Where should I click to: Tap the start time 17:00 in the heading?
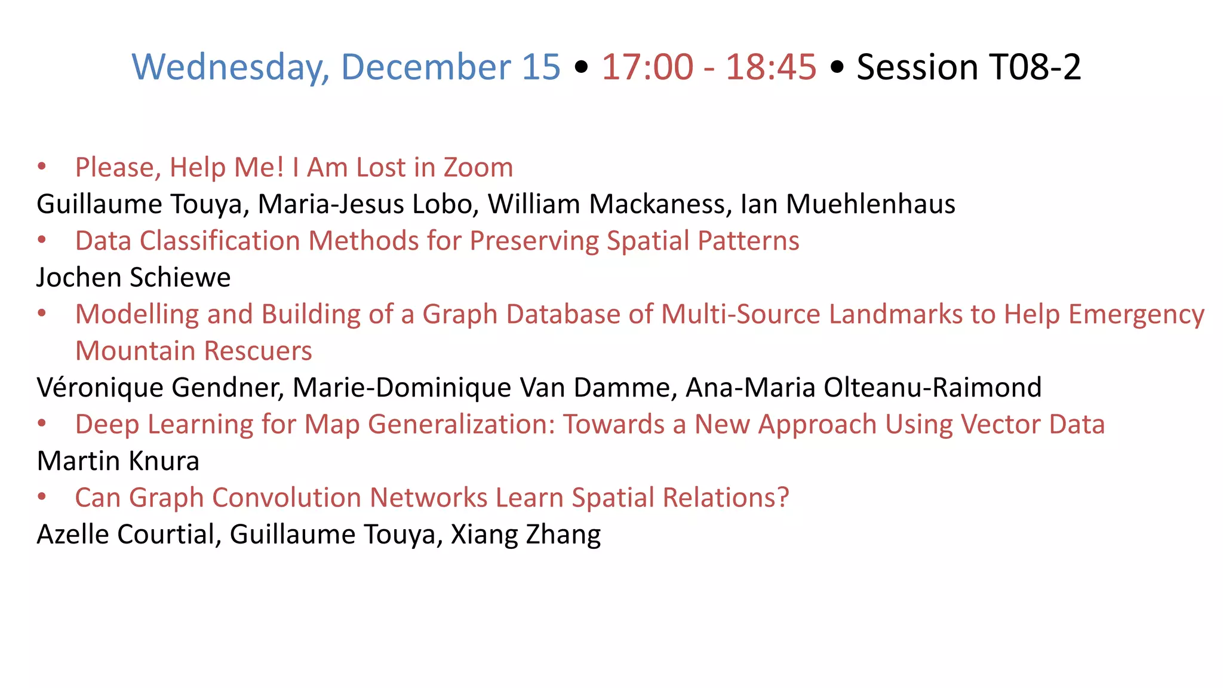[x=647, y=67]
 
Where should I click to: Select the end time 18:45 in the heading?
[x=770, y=67]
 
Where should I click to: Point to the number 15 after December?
[x=541, y=67]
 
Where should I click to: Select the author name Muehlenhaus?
[x=870, y=204]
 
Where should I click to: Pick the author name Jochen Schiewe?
[x=133, y=278]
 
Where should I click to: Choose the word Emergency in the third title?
[x=1136, y=315]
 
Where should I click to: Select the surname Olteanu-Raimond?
[x=933, y=388]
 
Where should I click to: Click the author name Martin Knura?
[x=118, y=461]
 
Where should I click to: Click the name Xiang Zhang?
[x=526, y=535]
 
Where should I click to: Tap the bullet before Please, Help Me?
[x=42, y=167]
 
